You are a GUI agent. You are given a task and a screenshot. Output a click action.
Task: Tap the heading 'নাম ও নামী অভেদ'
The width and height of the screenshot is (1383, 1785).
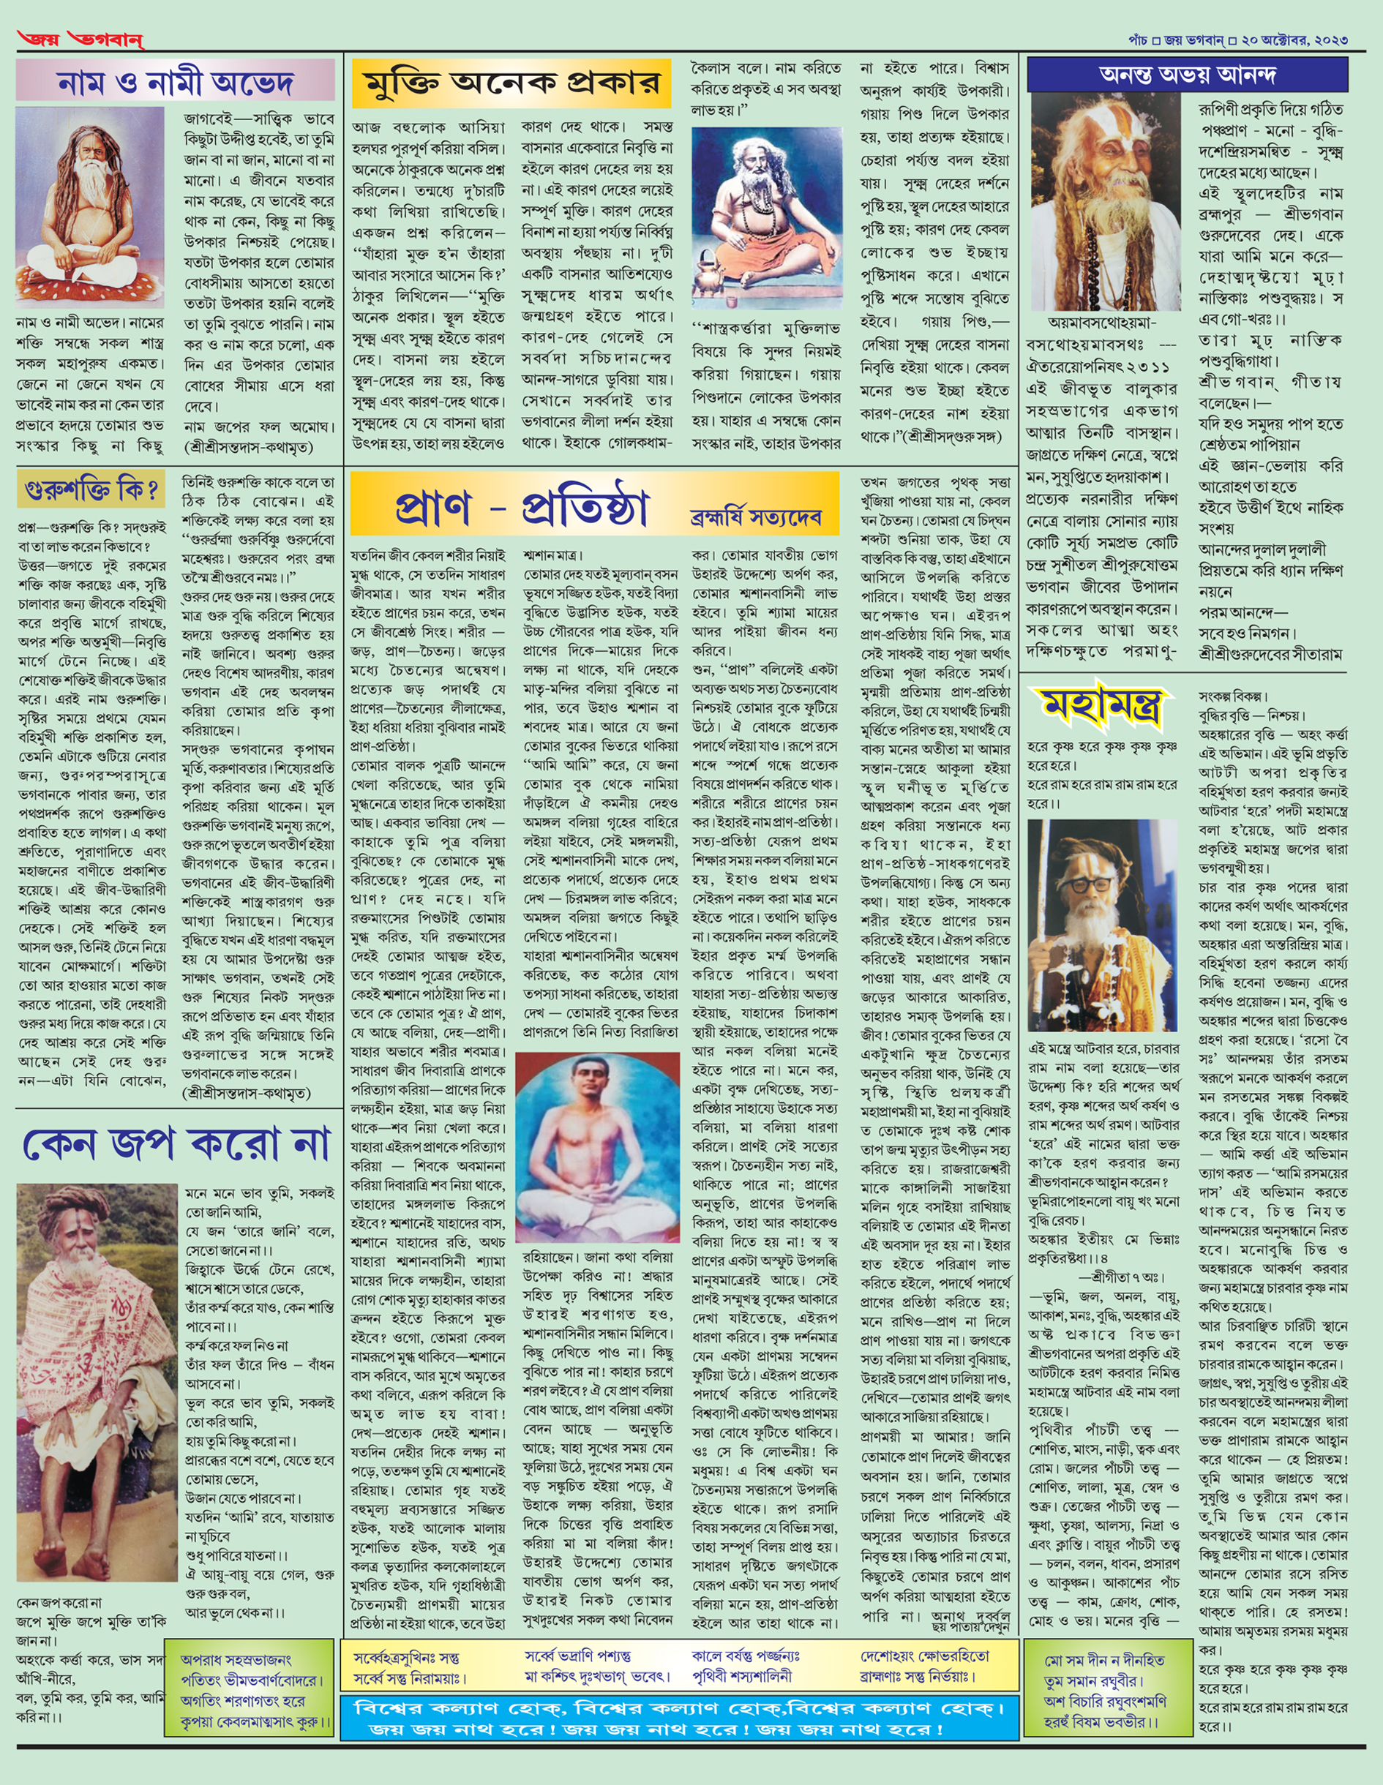pyautogui.click(x=175, y=83)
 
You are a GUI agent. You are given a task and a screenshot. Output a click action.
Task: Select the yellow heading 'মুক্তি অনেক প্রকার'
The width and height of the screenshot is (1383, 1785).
pyautogui.click(x=511, y=84)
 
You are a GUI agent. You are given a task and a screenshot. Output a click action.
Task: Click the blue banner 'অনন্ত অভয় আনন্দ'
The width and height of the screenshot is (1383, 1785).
pyautogui.click(x=1187, y=75)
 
